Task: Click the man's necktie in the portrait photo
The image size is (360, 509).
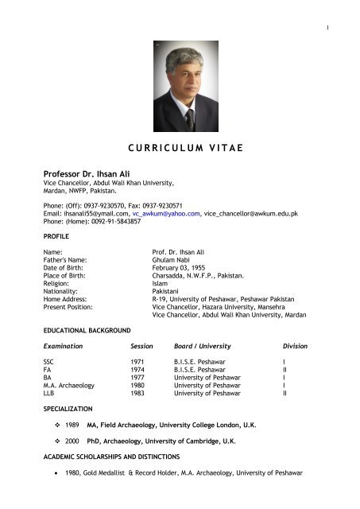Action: click(190, 119)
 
